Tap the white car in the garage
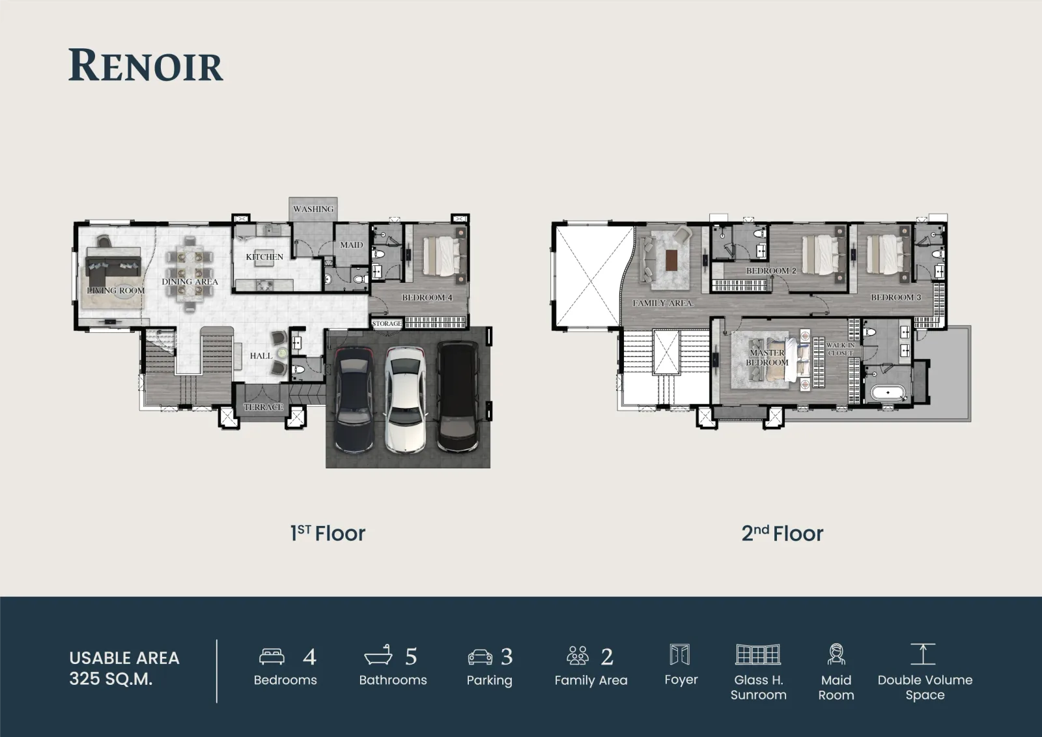pos(405,400)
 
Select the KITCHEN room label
pos(264,257)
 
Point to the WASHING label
pos(313,209)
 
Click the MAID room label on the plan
pos(351,245)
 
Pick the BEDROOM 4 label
pos(427,298)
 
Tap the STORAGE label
pos(387,324)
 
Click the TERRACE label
pos(263,407)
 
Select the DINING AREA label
pos(190,282)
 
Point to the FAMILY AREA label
pos(663,303)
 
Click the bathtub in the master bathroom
pos(888,392)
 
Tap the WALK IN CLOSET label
pos(840,349)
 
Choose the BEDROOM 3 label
pos(896,298)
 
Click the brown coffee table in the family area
pos(671,260)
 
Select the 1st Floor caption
pos(328,533)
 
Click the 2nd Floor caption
pos(782,533)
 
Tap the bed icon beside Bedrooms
pos(272,656)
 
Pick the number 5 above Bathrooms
pos(411,657)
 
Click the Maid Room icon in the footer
pos(836,654)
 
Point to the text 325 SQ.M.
pos(111,679)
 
